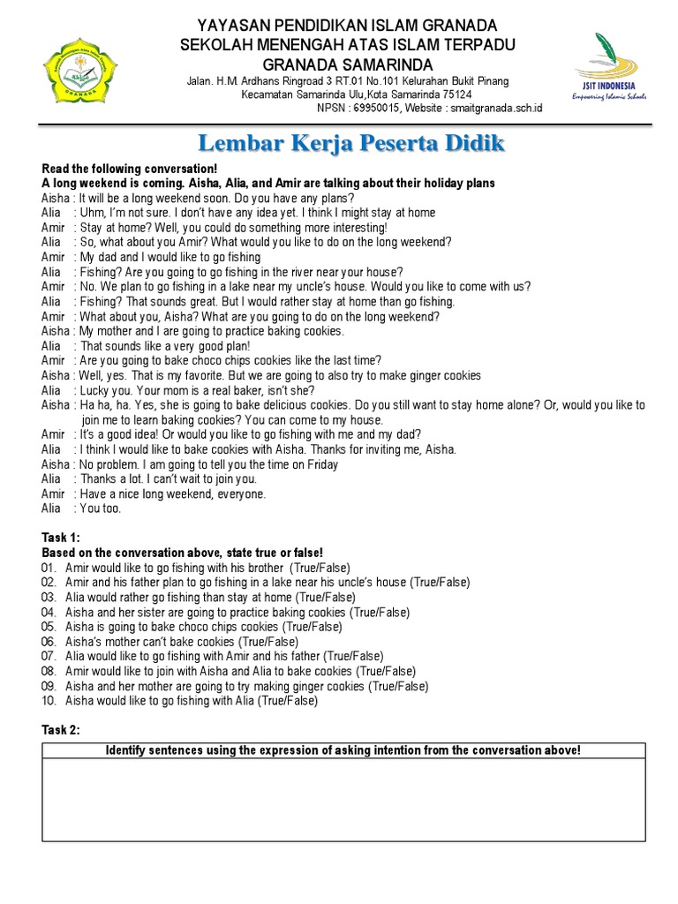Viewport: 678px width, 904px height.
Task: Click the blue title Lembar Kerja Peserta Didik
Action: point(350,143)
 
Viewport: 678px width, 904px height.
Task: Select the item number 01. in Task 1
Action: point(49,568)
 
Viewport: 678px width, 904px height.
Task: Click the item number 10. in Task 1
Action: point(49,701)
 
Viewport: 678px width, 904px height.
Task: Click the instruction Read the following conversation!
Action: point(129,169)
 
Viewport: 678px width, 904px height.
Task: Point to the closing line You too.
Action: point(101,508)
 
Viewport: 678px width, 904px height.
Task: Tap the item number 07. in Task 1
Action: point(49,657)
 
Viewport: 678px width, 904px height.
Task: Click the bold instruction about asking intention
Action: point(343,750)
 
